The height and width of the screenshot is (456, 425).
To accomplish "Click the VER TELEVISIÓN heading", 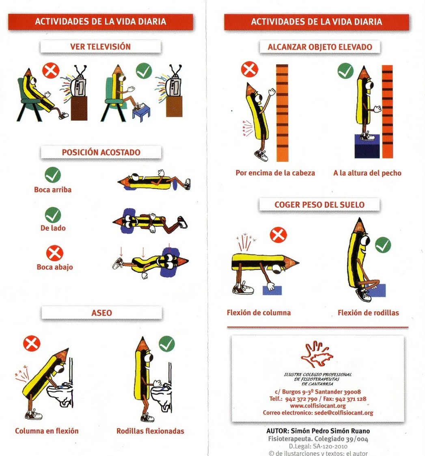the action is (x=100, y=46).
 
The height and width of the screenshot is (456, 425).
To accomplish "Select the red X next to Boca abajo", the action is (x=54, y=253).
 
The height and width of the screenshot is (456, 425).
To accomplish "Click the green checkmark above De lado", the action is (x=53, y=215).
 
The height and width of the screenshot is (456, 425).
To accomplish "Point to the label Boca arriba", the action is (x=53, y=190).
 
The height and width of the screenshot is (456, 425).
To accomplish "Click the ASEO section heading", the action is (x=101, y=313).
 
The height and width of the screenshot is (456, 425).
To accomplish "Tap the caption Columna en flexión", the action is (x=47, y=431).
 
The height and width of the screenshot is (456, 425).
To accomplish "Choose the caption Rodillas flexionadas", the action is (x=150, y=431).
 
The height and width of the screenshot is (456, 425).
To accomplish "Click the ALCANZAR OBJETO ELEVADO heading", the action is (x=320, y=47).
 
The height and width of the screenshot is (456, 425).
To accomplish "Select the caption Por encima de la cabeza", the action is (x=275, y=173).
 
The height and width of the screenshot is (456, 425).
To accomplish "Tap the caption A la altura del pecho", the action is (x=367, y=173).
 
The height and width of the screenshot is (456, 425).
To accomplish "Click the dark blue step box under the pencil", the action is (x=367, y=146).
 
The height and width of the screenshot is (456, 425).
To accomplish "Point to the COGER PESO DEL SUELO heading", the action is (x=319, y=204).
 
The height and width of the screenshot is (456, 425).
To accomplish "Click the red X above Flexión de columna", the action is (x=278, y=235).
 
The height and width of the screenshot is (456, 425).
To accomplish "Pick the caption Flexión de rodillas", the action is (x=368, y=313).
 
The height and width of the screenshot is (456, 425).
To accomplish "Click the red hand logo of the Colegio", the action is (x=317, y=354).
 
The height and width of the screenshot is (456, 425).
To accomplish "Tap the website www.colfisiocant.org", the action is (x=318, y=406).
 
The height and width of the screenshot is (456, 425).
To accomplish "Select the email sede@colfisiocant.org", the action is (x=344, y=413).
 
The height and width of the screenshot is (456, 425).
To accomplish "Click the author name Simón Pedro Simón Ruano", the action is (x=330, y=431).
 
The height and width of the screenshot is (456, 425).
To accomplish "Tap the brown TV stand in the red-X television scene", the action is (x=79, y=108).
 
